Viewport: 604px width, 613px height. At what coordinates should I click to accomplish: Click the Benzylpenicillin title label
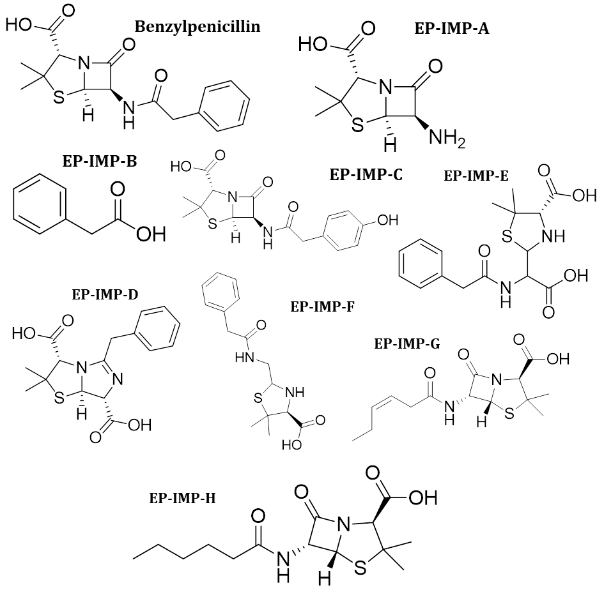pyautogui.click(x=197, y=26)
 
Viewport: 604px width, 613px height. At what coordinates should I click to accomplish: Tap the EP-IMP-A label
pyautogui.click(x=451, y=28)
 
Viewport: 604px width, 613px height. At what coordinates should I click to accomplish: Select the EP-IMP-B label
pyautogui.click(x=100, y=161)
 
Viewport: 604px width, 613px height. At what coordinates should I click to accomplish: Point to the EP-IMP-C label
pyautogui.click(x=366, y=174)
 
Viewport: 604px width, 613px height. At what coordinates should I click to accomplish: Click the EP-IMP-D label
pyautogui.click(x=106, y=294)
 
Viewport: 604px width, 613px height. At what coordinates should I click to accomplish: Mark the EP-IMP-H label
pyautogui.click(x=182, y=499)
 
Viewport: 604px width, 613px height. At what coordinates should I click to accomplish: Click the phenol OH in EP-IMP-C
pyautogui.click(x=387, y=220)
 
